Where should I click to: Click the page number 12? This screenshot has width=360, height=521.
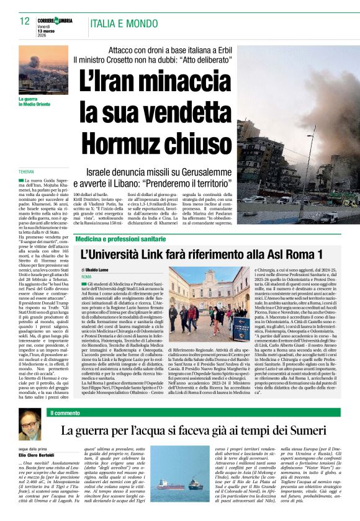click(25, 21)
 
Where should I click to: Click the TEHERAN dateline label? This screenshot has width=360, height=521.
click(27, 171)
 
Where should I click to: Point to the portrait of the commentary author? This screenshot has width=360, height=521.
click(30, 427)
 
